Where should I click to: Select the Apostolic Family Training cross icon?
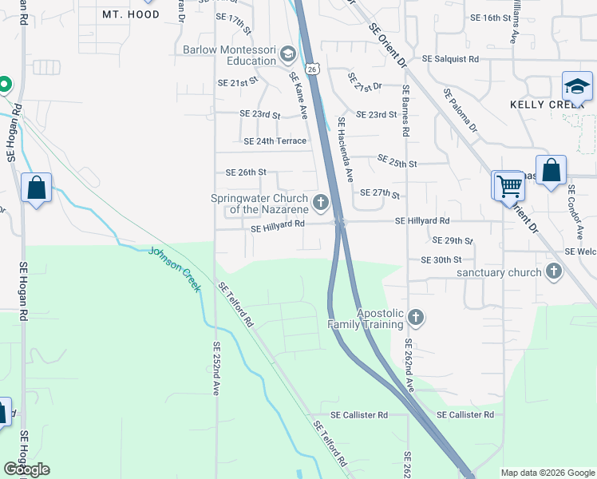click(415, 318)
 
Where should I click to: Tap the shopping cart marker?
click(508, 187)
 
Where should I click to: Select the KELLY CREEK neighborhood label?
click(548, 105)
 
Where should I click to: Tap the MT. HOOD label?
click(131, 14)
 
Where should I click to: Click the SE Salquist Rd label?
click(450, 59)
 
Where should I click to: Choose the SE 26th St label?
click(246, 172)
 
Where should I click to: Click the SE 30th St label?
click(441, 259)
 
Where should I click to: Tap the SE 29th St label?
click(453, 240)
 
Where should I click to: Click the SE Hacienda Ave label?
click(345, 147)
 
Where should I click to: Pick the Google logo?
click(26, 469)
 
